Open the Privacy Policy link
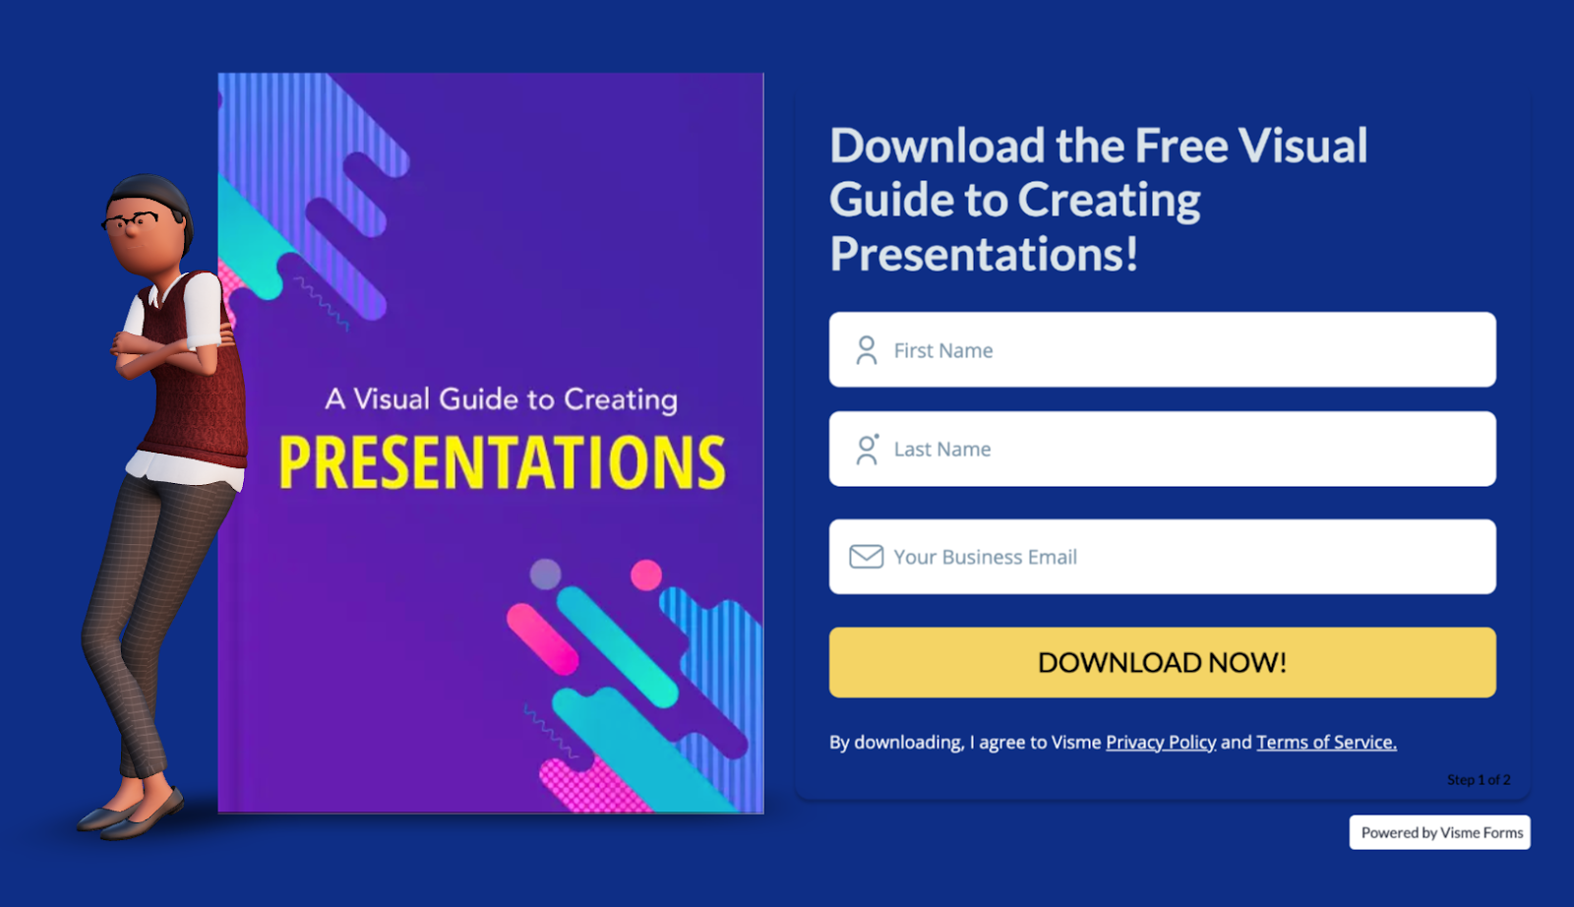click(1160, 742)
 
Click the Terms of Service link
click(1325, 742)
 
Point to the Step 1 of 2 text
click(1478, 779)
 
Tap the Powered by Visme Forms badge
click(1440, 832)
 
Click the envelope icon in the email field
click(866, 557)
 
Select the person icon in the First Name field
click(866, 350)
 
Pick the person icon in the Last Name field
click(866, 450)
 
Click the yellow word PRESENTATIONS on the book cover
click(502, 462)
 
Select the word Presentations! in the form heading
click(984, 254)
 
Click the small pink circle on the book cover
click(645, 574)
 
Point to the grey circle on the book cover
click(545, 574)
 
